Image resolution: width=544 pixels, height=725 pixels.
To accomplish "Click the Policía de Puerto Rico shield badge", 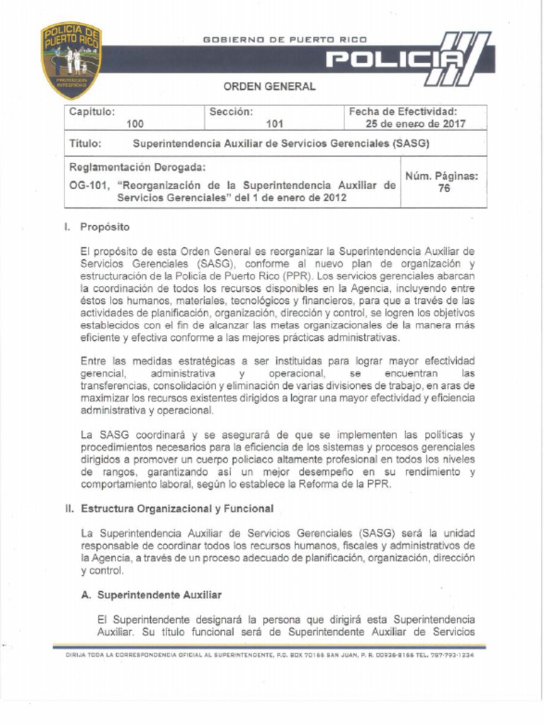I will point(71,59).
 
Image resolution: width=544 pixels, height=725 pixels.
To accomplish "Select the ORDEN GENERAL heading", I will point(270,87).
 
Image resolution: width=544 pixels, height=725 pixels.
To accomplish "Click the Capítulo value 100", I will point(135,124).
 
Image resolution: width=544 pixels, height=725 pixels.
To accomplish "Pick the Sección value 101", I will point(274,124).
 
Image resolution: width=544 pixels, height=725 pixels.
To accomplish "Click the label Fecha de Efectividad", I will point(402,112).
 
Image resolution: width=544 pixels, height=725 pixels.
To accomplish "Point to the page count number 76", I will point(443,188).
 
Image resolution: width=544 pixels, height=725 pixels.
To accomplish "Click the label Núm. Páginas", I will point(441,176).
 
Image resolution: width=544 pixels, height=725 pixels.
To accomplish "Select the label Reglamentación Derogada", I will point(137,168).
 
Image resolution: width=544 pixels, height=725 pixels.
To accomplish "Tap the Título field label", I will point(86,143).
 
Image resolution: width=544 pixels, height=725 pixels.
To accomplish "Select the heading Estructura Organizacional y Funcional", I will point(177,509).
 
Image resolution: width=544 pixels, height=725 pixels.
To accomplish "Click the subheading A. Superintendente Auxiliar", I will point(152,595).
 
